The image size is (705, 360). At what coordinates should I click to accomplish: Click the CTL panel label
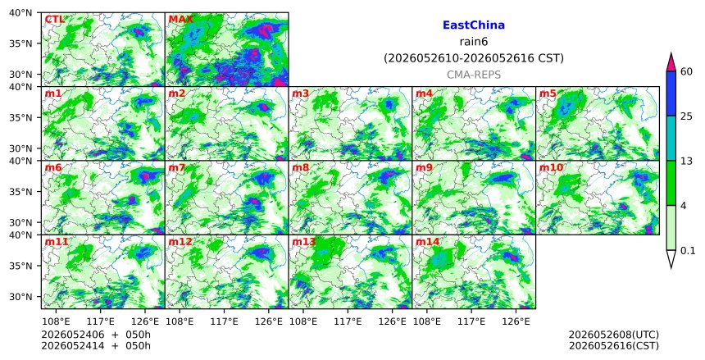[x=54, y=20]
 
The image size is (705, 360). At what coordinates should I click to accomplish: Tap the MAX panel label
[x=180, y=20]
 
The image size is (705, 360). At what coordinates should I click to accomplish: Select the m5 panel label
[x=548, y=93]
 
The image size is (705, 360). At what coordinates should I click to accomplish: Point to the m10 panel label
[x=551, y=168]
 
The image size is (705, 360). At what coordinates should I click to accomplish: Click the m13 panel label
[x=303, y=242]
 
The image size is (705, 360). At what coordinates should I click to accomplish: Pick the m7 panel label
[x=177, y=168]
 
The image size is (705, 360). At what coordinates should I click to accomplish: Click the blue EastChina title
[x=474, y=25]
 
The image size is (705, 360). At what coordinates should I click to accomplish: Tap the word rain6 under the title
[x=474, y=42]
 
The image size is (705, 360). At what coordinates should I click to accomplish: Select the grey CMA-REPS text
[x=474, y=75]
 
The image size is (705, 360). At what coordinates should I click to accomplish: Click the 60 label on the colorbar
[x=686, y=71]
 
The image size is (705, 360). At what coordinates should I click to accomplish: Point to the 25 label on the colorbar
[x=686, y=116]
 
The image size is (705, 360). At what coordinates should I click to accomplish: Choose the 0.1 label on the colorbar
[x=688, y=251]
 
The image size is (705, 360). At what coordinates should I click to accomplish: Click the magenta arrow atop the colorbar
[x=671, y=63]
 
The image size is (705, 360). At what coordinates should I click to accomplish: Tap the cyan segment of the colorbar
[x=671, y=138]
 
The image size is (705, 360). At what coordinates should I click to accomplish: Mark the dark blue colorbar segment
[x=671, y=93]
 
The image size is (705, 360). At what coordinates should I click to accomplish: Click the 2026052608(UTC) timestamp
[x=614, y=335]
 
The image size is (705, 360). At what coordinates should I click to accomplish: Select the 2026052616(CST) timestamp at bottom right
[x=614, y=345]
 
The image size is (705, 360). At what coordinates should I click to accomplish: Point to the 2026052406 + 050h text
[x=96, y=335]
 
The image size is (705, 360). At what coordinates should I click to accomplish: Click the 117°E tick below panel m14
[x=471, y=321]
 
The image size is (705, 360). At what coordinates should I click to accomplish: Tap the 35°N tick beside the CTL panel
[x=20, y=43]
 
